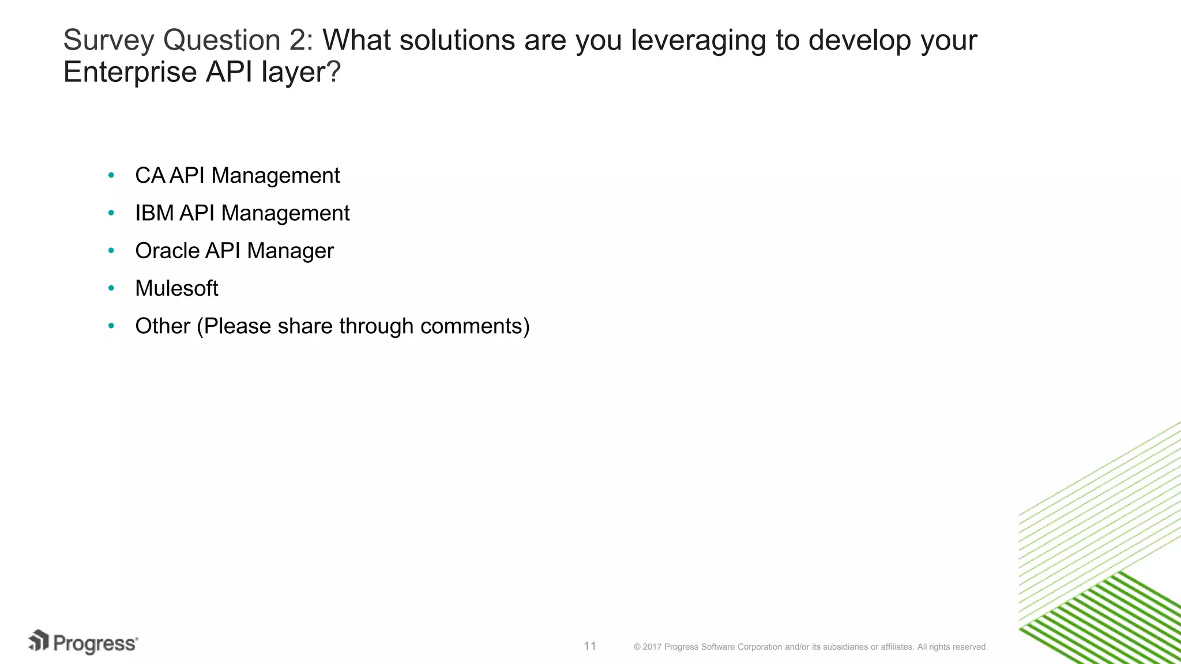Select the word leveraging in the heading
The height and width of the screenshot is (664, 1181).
click(698, 41)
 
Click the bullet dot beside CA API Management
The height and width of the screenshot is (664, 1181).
click(111, 175)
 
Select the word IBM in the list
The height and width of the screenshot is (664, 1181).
click(154, 213)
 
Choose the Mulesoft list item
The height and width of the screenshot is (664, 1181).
click(176, 288)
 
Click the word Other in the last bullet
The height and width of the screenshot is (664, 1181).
click(162, 326)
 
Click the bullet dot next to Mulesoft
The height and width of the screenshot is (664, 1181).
click(111, 288)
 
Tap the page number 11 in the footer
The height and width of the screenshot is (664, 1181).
click(589, 646)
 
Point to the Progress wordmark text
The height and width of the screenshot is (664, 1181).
click(95, 644)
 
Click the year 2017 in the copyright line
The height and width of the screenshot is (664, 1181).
click(652, 647)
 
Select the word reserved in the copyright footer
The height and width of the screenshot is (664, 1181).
click(971, 647)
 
